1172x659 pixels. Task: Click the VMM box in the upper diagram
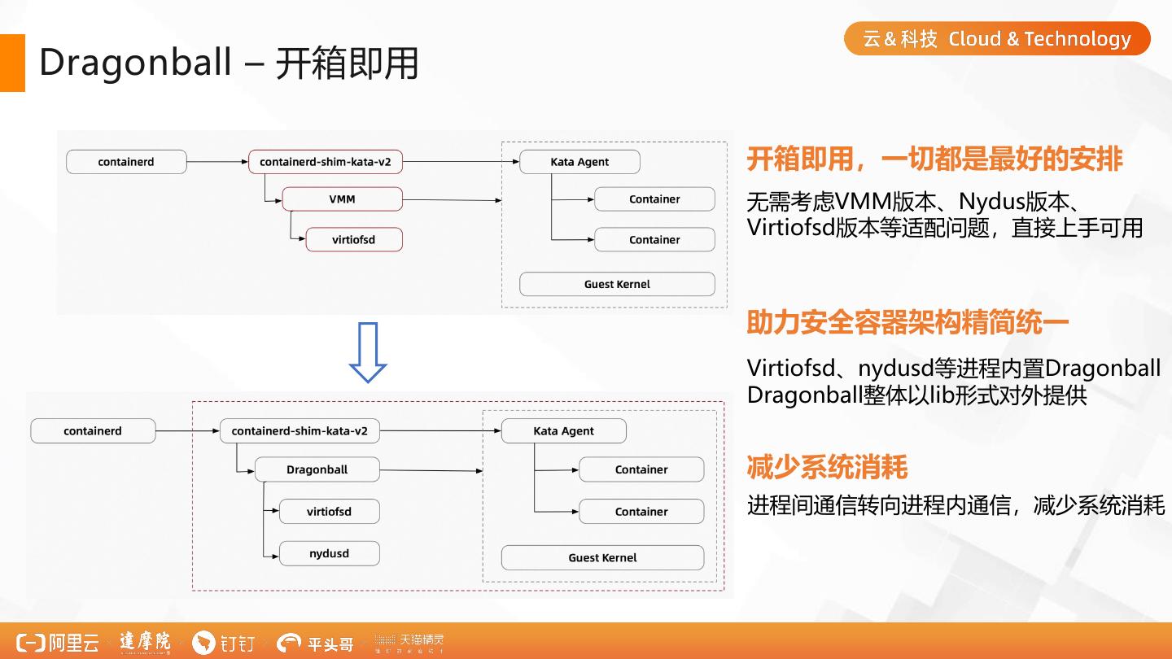pos(343,199)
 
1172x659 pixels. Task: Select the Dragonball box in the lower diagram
pos(317,469)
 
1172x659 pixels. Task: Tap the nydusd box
pos(329,554)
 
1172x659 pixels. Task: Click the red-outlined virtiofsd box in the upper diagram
pos(354,240)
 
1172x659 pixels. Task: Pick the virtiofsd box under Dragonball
pos(329,512)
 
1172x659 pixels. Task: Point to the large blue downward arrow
pos(368,352)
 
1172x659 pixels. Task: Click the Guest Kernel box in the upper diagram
pos(617,284)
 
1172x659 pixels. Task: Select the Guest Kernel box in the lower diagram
pos(602,557)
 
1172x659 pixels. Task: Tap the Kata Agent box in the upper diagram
pos(579,162)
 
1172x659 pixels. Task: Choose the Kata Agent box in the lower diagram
pos(564,431)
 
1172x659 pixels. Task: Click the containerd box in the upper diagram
pos(126,162)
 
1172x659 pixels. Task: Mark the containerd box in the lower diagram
pos(93,431)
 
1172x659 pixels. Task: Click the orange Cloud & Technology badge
pos(997,39)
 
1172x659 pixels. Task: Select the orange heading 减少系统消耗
pos(827,468)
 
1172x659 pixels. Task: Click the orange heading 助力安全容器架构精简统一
pos(907,323)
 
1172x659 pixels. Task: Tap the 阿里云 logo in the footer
pos(59,643)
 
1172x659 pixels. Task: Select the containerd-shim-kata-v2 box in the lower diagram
pos(300,431)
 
